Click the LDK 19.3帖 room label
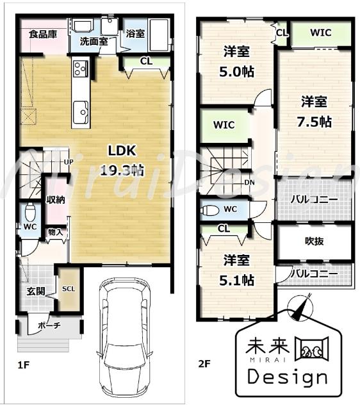coord(121,161)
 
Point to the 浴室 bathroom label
coord(135,33)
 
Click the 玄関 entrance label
coord(35,291)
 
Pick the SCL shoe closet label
coord(68,288)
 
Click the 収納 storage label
coord(56,199)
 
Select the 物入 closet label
coord(55,232)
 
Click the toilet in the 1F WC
coord(29,212)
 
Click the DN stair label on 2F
coord(250,182)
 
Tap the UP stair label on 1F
coord(69,162)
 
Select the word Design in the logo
coord(287,377)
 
